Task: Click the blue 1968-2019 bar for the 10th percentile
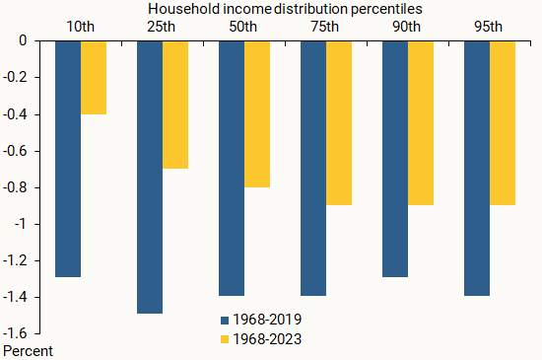68,159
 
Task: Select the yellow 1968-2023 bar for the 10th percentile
93,78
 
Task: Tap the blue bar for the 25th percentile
150,178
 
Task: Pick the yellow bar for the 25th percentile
174,105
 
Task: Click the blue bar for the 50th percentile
231,169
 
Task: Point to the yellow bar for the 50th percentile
256,114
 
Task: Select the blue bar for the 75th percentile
312,169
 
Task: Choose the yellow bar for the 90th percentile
420,123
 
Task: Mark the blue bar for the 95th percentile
476,169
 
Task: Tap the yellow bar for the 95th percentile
502,123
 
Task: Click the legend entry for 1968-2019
260,320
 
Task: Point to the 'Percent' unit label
29,350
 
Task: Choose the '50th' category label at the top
243,24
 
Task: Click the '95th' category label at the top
489,24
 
